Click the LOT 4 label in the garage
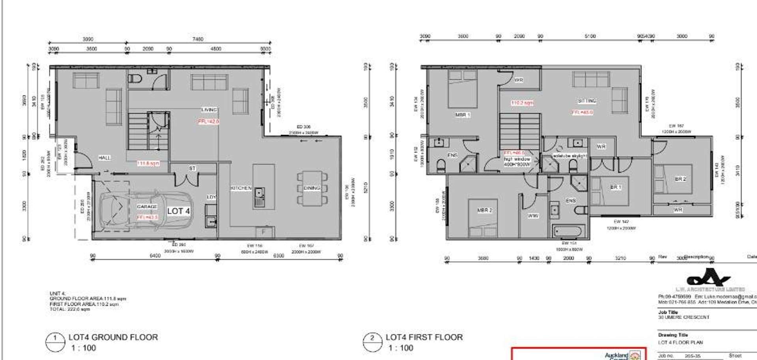coord(178,211)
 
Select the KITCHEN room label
coord(241,188)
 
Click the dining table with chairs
coord(312,188)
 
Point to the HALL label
coord(105,158)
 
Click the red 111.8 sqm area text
coord(148,163)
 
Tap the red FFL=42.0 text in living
coord(208,122)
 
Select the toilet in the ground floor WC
coord(135,79)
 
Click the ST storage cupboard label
coord(192,169)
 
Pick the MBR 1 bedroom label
coord(463,115)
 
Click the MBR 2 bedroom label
coord(485,210)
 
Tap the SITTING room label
coord(587,101)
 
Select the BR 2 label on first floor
coord(680,179)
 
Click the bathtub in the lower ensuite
coord(567,231)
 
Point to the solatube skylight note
coord(570,156)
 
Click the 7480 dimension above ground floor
coord(198,39)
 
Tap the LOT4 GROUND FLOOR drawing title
coord(113,337)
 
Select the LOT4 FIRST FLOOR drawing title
coord(424,337)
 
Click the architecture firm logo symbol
coord(708,277)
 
